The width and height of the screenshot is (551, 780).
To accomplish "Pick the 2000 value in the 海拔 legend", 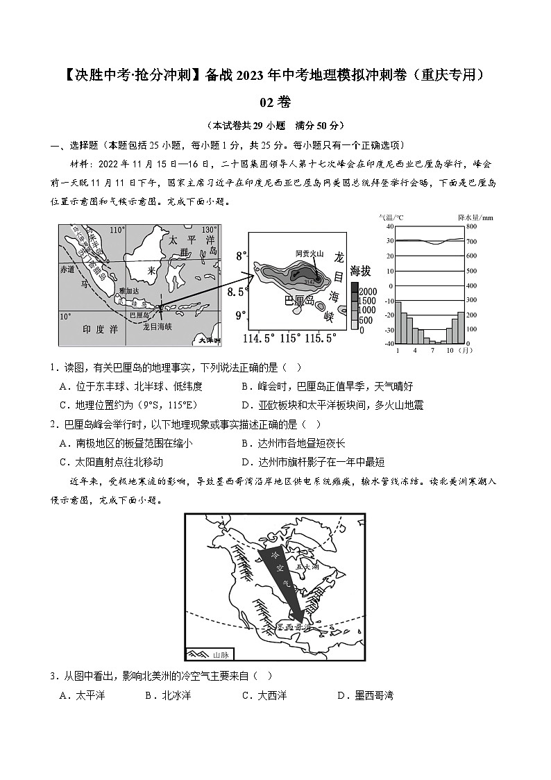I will [369, 291].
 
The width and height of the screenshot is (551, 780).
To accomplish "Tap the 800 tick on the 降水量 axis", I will [471, 226].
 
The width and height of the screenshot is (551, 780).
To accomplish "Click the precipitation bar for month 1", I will [398, 322].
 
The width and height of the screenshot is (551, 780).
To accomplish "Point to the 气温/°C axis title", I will [391, 217].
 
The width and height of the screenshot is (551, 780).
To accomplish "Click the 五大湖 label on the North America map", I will [305, 567].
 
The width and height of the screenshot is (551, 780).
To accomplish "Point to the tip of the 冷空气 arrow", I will [299, 620].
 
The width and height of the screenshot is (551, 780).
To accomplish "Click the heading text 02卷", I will [275, 102].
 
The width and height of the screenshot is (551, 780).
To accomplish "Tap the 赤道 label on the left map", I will [67, 268].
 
